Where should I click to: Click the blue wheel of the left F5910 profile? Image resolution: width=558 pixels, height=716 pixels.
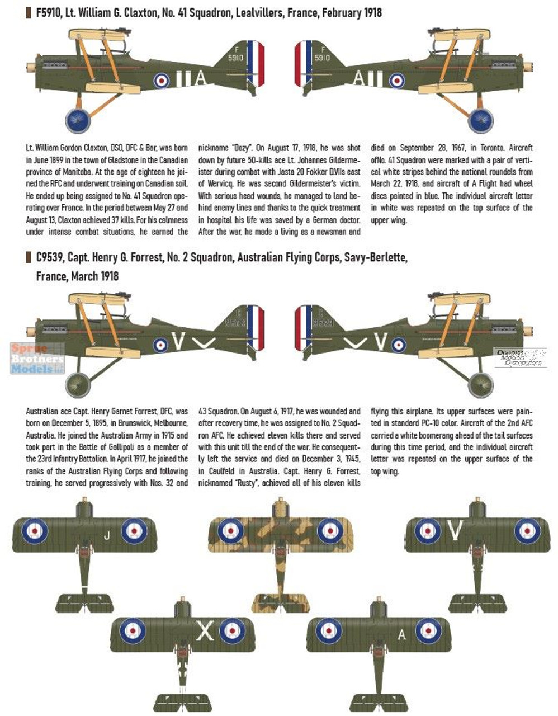tap(78, 119)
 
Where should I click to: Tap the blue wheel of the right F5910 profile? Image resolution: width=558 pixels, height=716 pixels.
tap(481, 119)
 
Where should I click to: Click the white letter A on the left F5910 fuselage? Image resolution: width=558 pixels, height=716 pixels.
tap(200, 79)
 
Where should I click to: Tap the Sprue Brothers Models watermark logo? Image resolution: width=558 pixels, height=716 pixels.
tap(37, 359)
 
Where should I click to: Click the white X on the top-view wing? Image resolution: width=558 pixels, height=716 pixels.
tap(206, 632)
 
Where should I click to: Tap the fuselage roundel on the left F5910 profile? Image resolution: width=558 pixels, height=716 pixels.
tap(162, 80)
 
